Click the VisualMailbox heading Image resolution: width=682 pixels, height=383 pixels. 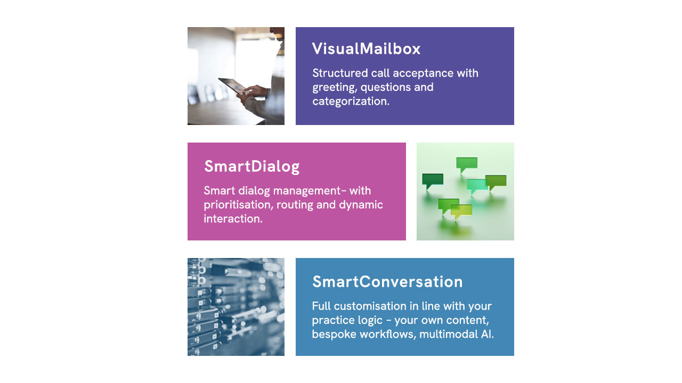pyautogui.click(x=366, y=48)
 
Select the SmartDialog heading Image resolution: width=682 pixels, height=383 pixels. pyautogui.click(x=252, y=166)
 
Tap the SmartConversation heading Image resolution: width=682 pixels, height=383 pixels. pyautogui.click(x=387, y=281)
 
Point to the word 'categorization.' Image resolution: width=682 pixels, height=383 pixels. pyautogui.click(x=351, y=101)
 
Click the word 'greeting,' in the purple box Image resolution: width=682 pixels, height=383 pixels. pyautogui.click(x=335, y=88)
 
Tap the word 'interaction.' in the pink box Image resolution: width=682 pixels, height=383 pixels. pyautogui.click(x=233, y=219)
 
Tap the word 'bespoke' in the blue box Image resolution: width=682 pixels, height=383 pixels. pyautogui.click(x=334, y=335)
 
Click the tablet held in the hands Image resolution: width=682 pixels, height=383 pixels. pyautogui.click(x=233, y=86)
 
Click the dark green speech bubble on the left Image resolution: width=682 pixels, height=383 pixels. pyautogui.click(x=432, y=181)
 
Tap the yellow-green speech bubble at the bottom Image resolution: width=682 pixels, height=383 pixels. pyautogui.click(x=461, y=212)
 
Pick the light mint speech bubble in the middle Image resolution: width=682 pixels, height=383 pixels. pyautogui.click(x=477, y=186)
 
